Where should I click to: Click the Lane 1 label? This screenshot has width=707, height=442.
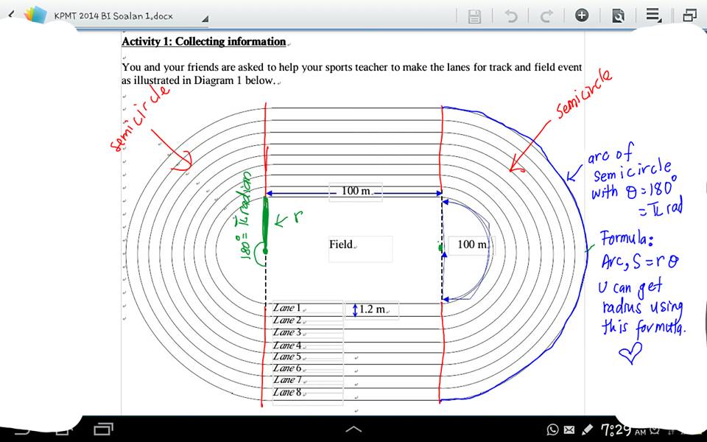(x=286, y=308)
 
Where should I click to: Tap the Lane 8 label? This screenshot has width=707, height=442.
(x=286, y=393)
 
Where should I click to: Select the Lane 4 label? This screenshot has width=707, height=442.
(x=286, y=345)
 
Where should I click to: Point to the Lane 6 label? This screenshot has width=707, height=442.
(x=286, y=368)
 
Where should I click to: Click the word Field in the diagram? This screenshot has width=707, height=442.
(x=342, y=245)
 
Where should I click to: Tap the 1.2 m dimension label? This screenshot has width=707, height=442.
(x=372, y=309)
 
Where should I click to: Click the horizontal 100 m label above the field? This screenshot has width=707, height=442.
(x=356, y=192)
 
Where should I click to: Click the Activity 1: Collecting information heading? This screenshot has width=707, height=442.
(x=203, y=42)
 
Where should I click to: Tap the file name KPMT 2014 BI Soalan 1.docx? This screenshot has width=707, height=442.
(x=113, y=15)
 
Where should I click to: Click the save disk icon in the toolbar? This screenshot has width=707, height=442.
(x=475, y=16)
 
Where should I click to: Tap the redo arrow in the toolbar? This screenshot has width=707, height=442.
(x=546, y=16)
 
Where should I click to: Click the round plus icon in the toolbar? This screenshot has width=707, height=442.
(x=582, y=15)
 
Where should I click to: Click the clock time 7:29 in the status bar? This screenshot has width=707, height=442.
(x=616, y=429)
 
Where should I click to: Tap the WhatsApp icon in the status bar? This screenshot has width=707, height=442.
(x=553, y=429)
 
